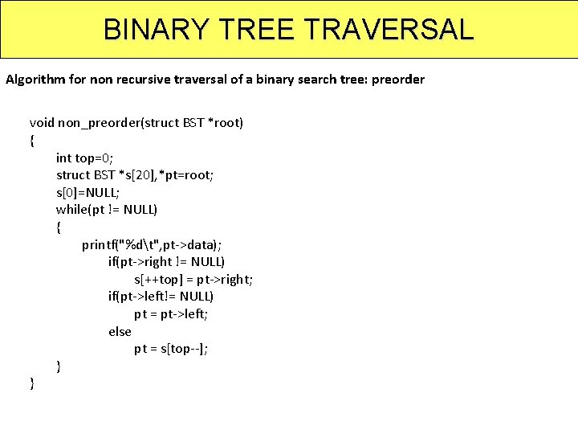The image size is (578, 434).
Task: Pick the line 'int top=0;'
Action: (90, 158)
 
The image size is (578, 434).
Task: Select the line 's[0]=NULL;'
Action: (88, 192)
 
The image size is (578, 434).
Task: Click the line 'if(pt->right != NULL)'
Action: (166, 262)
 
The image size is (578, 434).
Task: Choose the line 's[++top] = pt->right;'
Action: (193, 280)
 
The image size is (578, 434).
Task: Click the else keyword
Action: (120, 331)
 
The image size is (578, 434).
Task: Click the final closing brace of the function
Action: (32, 383)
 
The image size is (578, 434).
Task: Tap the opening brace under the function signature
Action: (32, 141)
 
